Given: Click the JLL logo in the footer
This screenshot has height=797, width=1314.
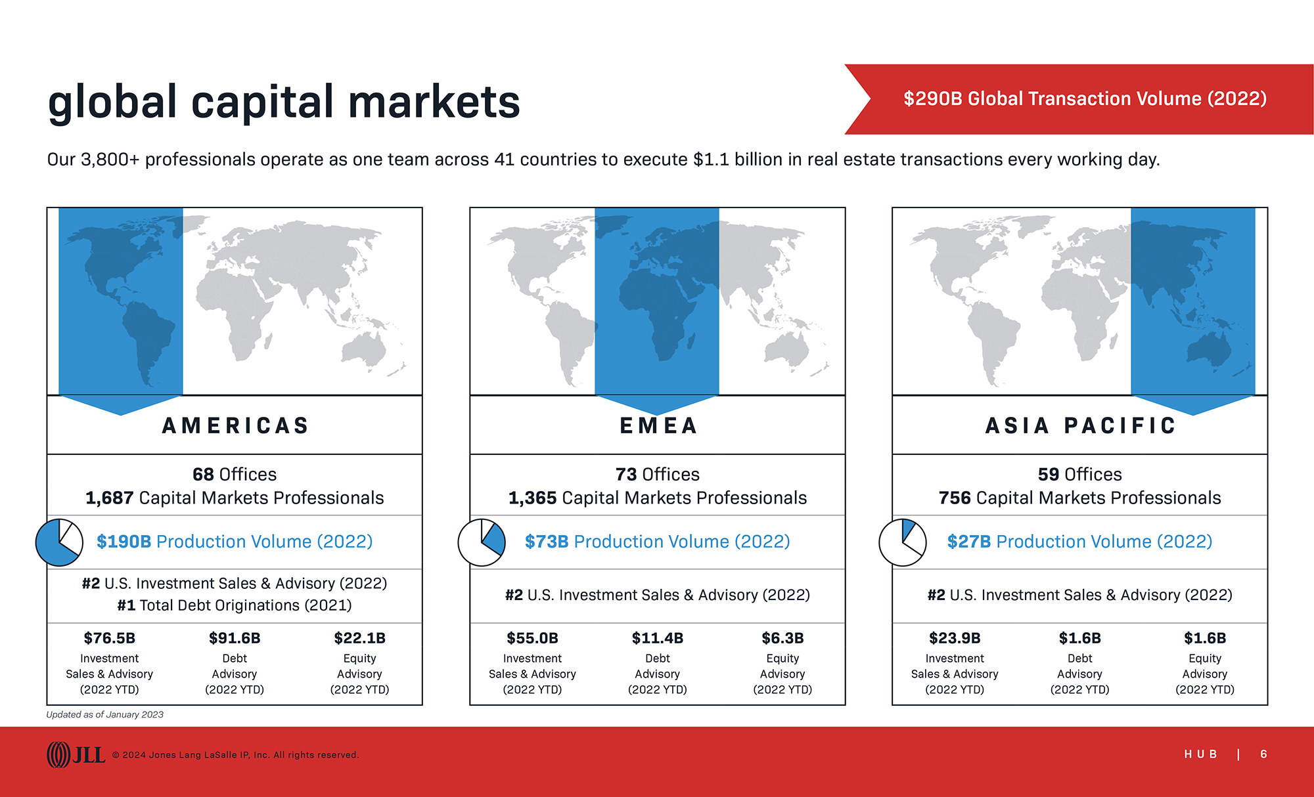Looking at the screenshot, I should pos(76,754).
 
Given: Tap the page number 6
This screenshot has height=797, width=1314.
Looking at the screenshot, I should pos(1263,754).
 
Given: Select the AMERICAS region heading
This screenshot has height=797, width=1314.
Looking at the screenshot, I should pos(235,425).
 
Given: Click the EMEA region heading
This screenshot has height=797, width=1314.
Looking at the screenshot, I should pos(658,425).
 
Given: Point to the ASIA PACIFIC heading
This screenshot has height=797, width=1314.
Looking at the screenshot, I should pos(1080,425).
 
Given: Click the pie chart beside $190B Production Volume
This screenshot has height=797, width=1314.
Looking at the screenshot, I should pos(59,542).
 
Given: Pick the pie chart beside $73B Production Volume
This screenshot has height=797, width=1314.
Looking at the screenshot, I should pos(482,542).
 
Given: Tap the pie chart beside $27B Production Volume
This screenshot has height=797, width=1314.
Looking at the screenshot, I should pos(903,542).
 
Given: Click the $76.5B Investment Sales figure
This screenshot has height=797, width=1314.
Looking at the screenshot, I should pos(109,638).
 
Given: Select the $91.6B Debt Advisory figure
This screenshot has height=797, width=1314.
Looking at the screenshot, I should pos(235,638).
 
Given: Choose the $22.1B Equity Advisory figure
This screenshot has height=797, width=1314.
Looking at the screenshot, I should pos(359,638).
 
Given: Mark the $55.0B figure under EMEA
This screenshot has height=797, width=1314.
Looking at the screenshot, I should pos(532,638).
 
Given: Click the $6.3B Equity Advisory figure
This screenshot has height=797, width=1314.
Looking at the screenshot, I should pos(782,638).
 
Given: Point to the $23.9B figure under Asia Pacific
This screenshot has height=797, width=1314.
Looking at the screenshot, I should pos(955,638).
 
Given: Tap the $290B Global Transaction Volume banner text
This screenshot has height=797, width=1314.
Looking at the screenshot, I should pos(1085,98).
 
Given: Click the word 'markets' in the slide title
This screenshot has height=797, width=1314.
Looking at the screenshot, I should pos(434,102).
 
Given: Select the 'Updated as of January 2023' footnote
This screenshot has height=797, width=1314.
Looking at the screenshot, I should pos(104,714).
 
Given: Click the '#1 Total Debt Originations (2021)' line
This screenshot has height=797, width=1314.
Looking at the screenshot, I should pos(235,605).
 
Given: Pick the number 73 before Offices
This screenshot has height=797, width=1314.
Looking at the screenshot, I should pos(626,474).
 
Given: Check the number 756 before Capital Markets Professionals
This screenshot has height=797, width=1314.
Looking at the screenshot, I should pos(955,498).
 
